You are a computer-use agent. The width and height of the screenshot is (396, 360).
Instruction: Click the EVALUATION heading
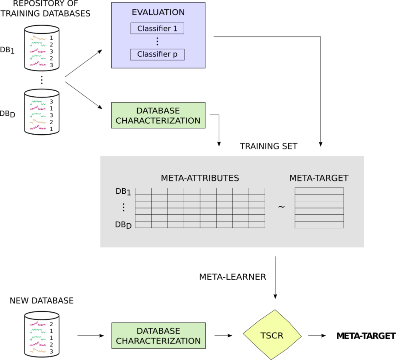[x=158, y=12]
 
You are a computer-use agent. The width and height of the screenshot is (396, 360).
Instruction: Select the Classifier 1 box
[x=157, y=29]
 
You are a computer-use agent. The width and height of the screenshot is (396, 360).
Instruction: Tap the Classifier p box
[x=157, y=54]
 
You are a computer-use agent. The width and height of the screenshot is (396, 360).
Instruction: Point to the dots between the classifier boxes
[x=157, y=41]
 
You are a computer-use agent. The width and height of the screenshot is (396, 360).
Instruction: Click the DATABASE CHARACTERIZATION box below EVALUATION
[x=158, y=116]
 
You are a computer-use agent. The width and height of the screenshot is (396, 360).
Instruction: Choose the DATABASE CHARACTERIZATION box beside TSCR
[x=159, y=336]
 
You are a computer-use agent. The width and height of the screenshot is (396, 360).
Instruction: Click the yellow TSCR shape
[x=272, y=336]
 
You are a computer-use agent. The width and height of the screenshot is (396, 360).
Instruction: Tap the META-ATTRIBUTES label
[x=200, y=178]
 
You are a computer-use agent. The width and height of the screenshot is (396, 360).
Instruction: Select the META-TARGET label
[x=319, y=178]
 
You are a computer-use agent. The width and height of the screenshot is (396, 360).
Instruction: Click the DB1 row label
[x=123, y=192]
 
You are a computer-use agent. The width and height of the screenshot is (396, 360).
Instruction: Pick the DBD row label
[x=123, y=225]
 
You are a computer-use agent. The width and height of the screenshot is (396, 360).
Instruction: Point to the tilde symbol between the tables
[x=281, y=207]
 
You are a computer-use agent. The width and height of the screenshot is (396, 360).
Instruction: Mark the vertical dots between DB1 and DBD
[x=124, y=207]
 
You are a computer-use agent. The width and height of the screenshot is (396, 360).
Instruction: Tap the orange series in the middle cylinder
[x=38, y=122]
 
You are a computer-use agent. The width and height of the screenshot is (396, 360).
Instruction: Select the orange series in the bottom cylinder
[x=38, y=350]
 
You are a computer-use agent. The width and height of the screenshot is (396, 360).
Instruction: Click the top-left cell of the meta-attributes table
[x=143, y=191]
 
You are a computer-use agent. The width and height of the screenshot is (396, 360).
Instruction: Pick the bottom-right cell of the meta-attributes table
[x=257, y=225]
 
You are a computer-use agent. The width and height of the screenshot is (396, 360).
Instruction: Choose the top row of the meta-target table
[x=319, y=191]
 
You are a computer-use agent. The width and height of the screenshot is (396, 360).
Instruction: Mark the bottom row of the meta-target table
[x=319, y=225]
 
